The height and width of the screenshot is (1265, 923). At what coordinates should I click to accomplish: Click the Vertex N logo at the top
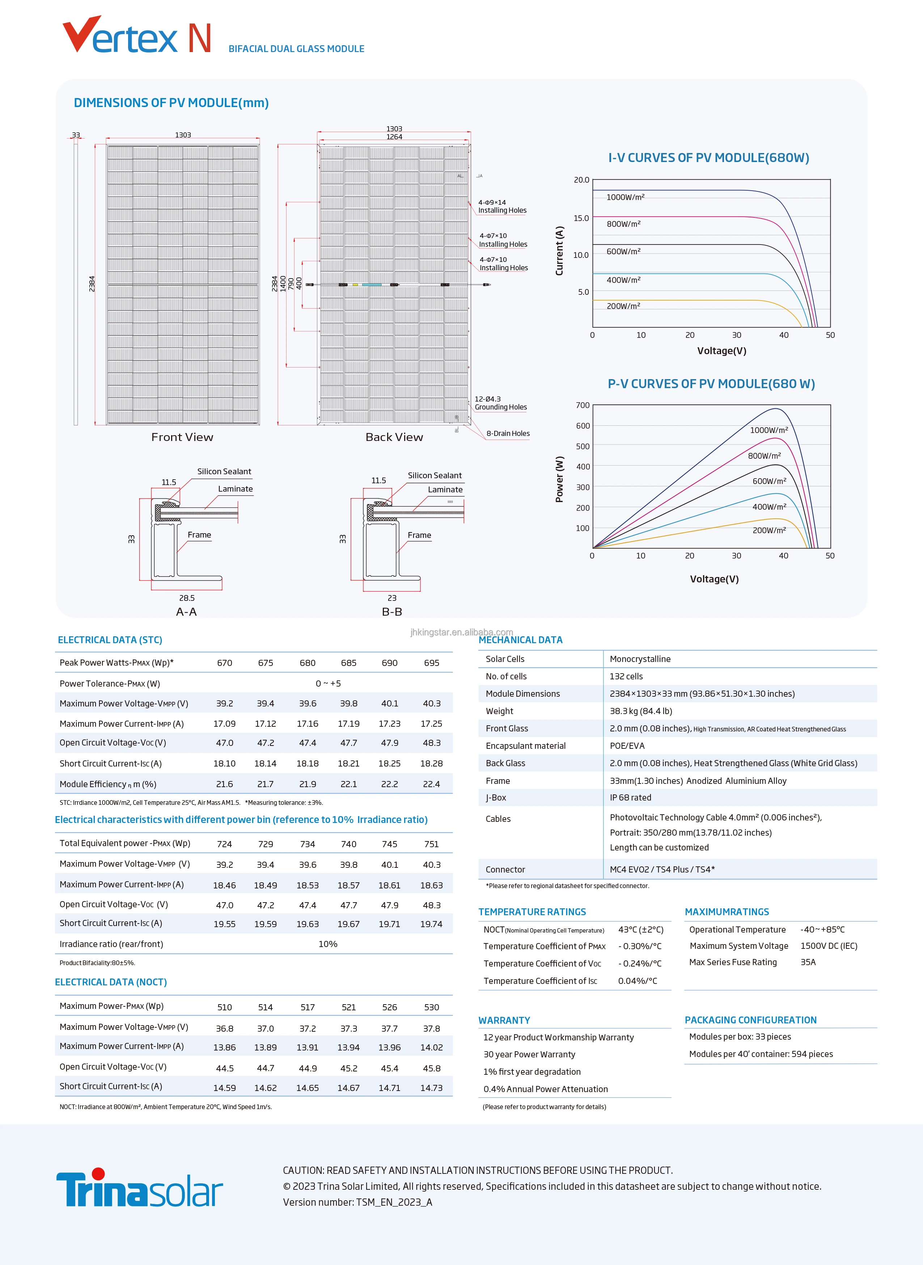tap(137, 36)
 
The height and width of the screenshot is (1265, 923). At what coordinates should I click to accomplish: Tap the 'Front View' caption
tap(182, 437)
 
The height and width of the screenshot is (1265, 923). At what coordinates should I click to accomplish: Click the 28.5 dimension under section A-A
tap(187, 598)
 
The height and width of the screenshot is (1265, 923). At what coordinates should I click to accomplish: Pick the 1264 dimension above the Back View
tap(394, 137)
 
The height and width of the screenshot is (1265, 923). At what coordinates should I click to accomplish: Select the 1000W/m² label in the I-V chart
tap(625, 197)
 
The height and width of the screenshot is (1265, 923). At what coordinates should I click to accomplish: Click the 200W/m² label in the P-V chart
tap(769, 530)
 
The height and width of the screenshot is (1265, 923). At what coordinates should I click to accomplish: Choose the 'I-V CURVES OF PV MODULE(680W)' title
tap(708, 158)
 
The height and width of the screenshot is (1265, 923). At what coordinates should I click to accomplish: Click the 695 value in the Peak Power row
tap(431, 663)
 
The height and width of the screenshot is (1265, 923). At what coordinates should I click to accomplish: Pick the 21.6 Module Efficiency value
tap(225, 784)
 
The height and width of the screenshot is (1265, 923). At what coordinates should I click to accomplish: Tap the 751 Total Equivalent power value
tap(431, 844)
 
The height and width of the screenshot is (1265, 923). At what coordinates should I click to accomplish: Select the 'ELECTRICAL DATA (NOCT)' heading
tap(111, 982)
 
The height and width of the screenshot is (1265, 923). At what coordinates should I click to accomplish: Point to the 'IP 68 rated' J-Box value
tap(630, 798)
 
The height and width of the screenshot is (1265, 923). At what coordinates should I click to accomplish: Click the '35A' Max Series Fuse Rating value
tap(808, 962)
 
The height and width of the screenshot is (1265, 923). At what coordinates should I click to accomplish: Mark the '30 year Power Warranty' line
tap(529, 1054)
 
